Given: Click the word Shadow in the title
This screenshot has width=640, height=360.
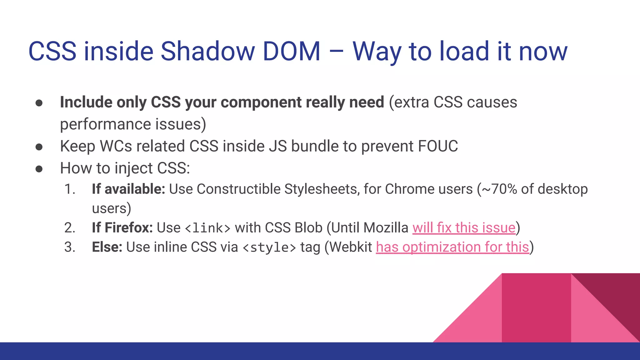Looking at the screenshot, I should pos(207,51).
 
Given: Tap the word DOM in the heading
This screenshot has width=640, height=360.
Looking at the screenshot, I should pos(292,51).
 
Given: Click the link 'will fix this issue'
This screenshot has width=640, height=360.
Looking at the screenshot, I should pos(464,227).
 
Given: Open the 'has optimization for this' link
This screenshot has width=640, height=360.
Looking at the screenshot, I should pos(452,247).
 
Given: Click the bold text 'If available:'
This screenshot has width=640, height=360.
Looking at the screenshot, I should pos(128,189).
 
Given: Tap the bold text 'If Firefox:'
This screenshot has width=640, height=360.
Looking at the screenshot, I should pos(122,227).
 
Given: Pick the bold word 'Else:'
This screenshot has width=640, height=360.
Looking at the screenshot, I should pos(107,247).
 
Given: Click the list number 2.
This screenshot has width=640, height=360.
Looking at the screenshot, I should pos(70,227).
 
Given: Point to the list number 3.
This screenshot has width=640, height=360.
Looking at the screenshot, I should pos(70,247).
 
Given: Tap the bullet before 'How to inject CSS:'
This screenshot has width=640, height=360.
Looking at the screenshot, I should pos(39,169).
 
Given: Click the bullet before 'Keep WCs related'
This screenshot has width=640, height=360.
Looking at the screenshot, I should pos(39,147).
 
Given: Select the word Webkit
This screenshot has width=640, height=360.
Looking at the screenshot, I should pos(351,247).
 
